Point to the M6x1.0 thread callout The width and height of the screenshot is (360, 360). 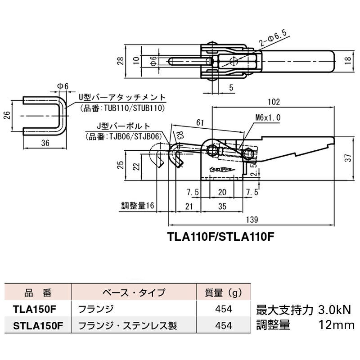click(268, 117)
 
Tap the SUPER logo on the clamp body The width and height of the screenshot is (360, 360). click(221, 170)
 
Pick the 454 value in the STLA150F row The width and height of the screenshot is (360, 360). click(223, 324)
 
